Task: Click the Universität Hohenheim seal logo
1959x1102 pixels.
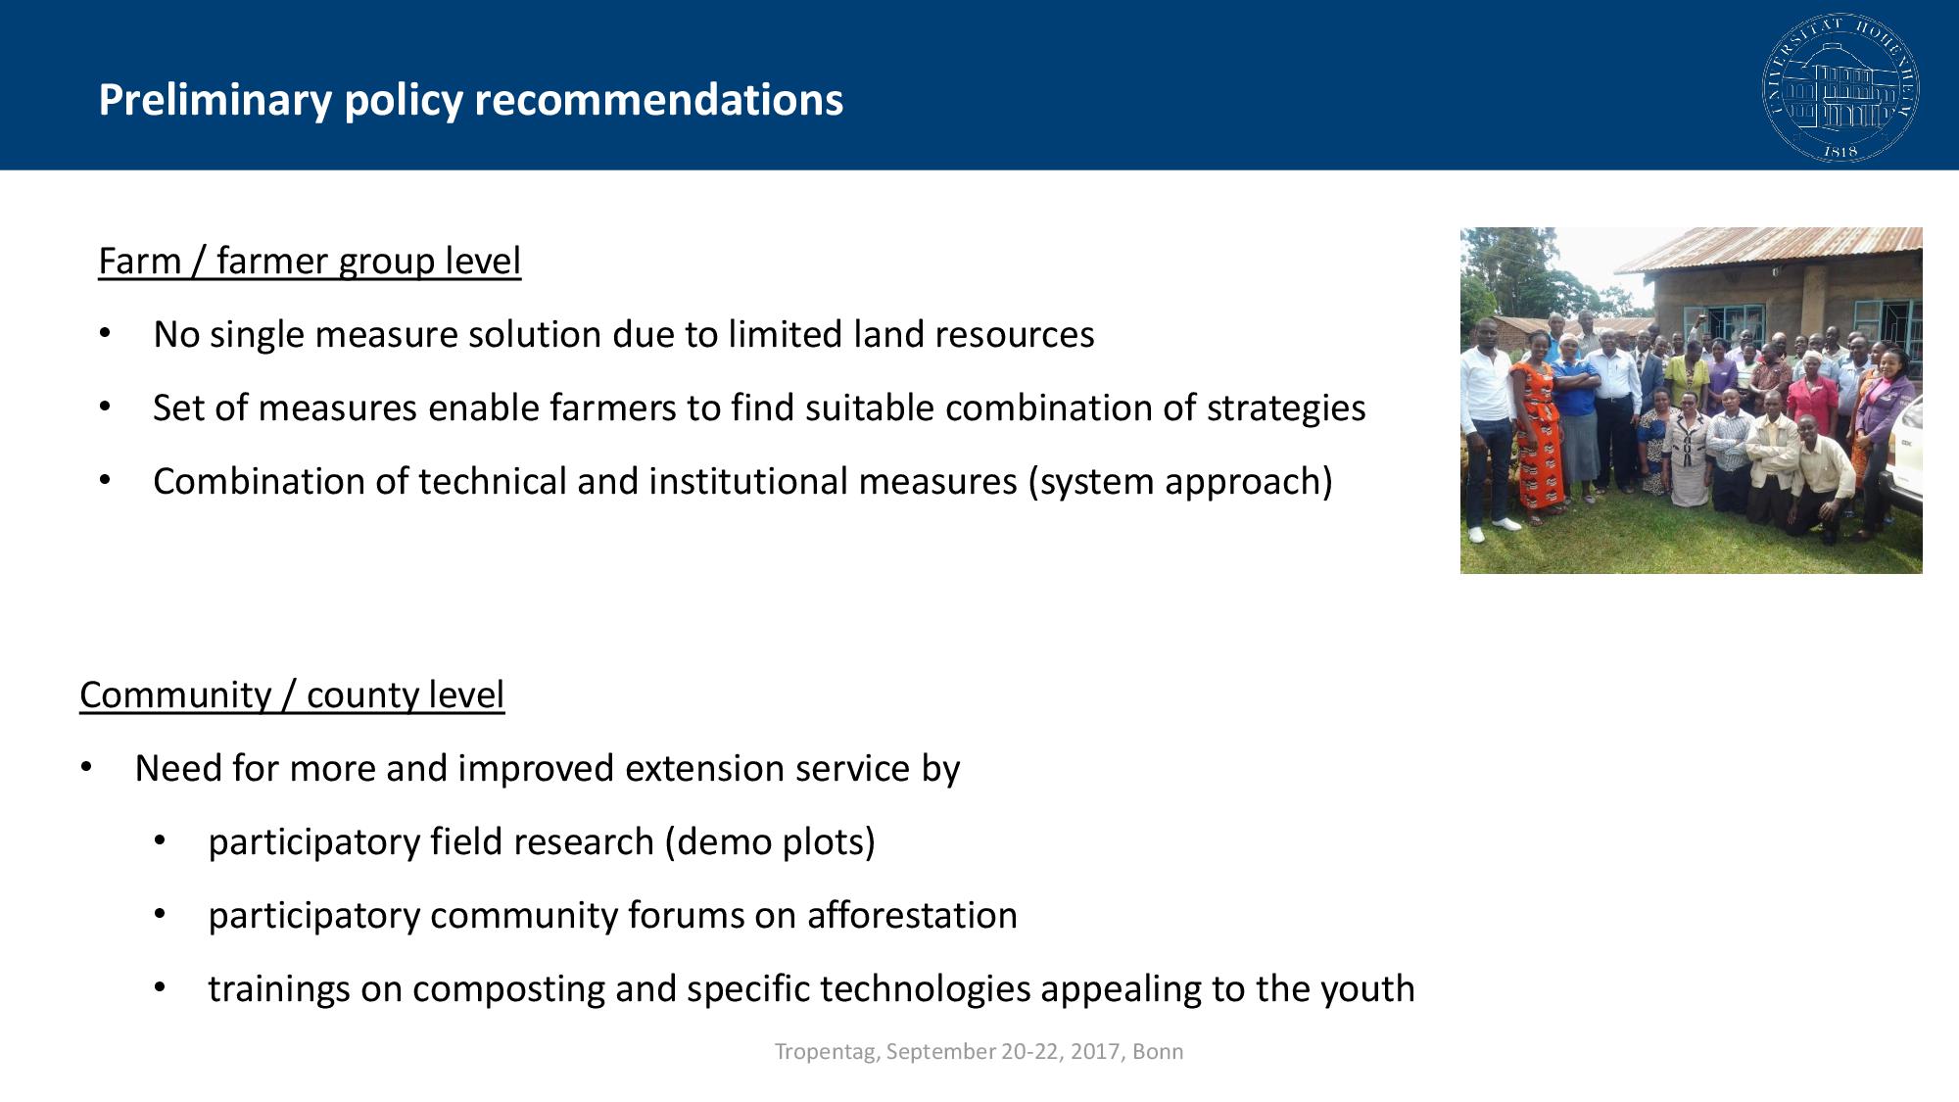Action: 1840,88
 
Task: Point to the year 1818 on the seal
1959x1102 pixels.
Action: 1840,151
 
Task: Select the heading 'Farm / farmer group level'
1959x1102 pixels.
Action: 310,262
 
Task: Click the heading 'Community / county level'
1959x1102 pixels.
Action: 292,695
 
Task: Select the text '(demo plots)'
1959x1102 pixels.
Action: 770,842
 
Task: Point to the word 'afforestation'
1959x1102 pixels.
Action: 912,916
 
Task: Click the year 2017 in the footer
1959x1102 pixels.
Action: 1096,1052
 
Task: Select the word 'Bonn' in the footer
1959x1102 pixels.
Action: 1158,1052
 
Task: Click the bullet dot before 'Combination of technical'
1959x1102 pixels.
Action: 105,482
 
